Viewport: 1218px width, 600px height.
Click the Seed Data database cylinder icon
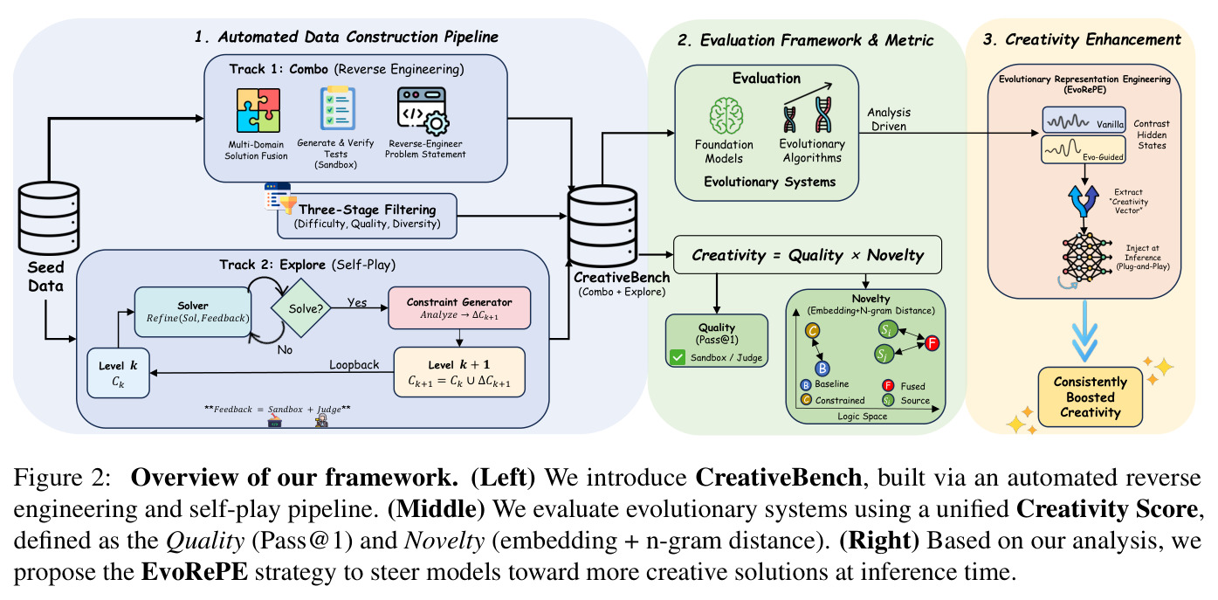click(x=49, y=218)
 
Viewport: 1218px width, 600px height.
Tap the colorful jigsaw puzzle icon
click(x=258, y=110)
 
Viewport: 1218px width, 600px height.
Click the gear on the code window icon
click(x=436, y=123)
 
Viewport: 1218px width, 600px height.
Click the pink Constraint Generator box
click(x=459, y=308)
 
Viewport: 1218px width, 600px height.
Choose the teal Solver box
click(x=193, y=312)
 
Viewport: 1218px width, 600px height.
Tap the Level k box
click(x=118, y=373)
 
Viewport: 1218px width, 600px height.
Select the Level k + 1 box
click(x=459, y=372)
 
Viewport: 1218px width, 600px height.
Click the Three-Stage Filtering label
click(x=367, y=210)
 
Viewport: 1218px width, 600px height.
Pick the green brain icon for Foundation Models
click(x=726, y=116)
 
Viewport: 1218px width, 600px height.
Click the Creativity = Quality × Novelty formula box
click(x=808, y=254)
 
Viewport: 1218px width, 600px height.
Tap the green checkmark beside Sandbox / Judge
click(x=678, y=357)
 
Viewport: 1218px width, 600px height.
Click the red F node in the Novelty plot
click(x=932, y=342)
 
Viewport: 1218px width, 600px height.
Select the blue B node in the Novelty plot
click(x=822, y=369)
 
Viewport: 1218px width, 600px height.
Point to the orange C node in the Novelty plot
click(x=812, y=330)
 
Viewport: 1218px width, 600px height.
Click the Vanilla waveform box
click(x=1084, y=120)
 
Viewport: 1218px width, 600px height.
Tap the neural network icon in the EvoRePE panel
click(x=1084, y=258)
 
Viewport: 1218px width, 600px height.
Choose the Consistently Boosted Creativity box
click(x=1091, y=397)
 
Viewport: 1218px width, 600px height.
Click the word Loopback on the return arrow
click(x=354, y=364)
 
